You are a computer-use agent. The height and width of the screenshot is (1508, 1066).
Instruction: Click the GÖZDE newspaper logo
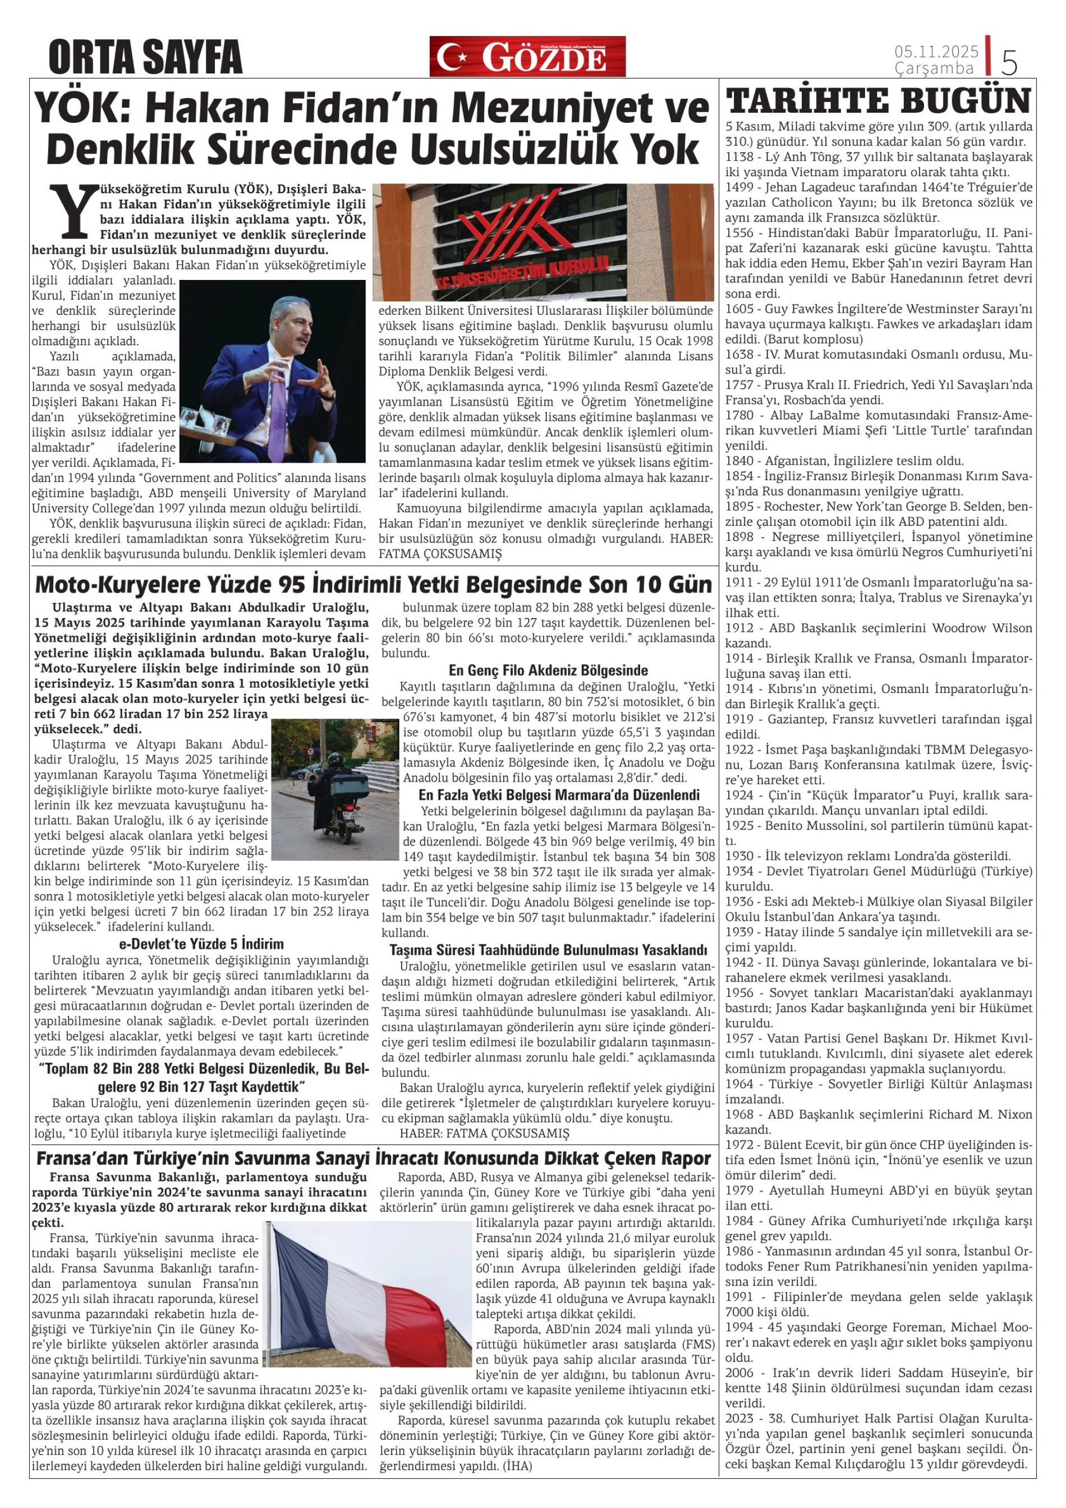click(527, 57)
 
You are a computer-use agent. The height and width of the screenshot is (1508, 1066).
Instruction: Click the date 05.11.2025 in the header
click(936, 52)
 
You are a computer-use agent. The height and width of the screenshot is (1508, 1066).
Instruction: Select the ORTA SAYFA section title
click(145, 58)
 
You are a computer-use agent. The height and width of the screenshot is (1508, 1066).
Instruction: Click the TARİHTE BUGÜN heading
click(878, 100)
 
